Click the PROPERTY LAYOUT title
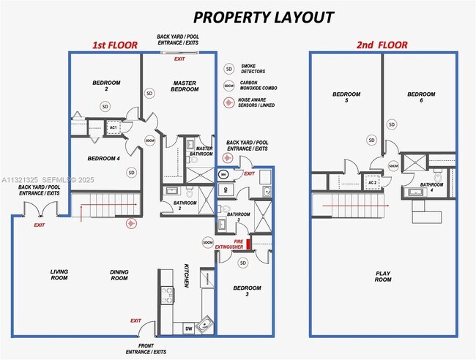[263, 17]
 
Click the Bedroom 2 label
[106, 86]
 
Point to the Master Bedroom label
[183, 86]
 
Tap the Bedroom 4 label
[103, 158]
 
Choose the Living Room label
[59, 274]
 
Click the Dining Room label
[119, 274]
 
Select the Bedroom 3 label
[247, 291]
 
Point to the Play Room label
[383, 277]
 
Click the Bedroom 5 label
[346, 97]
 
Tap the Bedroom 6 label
[421, 97]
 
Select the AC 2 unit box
[373, 182]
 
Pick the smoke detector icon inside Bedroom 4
[132, 173]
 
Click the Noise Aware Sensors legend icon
[229, 101]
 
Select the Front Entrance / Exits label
[152, 348]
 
